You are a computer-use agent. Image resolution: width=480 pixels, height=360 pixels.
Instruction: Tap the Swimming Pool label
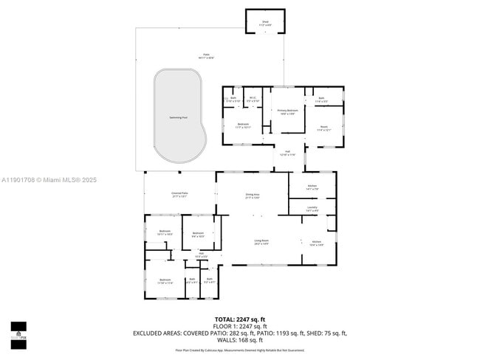[x=177, y=117]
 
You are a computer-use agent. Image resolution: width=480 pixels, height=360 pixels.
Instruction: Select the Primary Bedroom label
[x=287, y=112]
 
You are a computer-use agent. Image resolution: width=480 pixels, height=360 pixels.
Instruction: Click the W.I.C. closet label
[x=253, y=99]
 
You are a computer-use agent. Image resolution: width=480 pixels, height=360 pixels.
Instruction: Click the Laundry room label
[x=312, y=209]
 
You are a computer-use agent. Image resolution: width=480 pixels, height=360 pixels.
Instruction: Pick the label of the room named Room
[x=323, y=128]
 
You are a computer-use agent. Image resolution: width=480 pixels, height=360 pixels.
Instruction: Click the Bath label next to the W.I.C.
[x=233, y=99]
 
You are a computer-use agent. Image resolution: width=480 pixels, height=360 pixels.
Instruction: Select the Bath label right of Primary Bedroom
[x=321, y=99]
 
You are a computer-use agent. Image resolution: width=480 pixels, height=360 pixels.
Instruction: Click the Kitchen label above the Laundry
[x=312, y=187]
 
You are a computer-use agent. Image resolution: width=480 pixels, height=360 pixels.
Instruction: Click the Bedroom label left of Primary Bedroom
[x=243, y=125]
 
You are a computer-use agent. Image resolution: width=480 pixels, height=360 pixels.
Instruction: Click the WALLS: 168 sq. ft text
[x=240, y=340]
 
